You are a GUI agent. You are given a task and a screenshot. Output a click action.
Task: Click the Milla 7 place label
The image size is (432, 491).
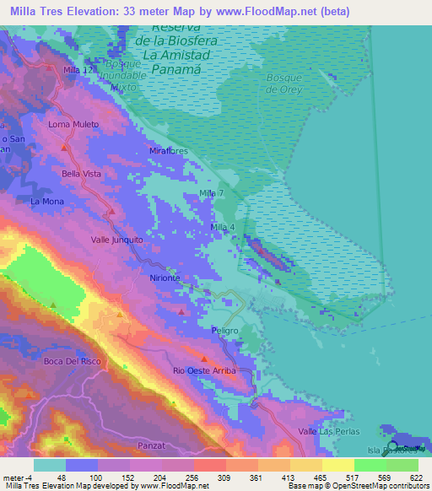coord(211,194)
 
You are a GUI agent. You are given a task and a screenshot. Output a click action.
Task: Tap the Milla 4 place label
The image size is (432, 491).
coord(222,227)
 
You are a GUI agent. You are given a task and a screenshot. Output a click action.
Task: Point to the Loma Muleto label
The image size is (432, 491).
coord(73,124)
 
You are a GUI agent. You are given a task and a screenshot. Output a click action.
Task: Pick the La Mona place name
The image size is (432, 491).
coord(46,202)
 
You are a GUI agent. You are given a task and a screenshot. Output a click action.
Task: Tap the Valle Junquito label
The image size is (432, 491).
coord(117,240)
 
